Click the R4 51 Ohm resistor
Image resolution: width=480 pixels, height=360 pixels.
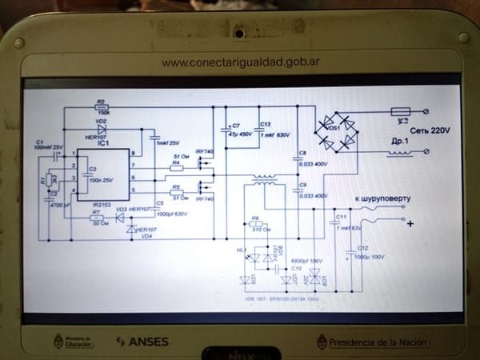point(177,168)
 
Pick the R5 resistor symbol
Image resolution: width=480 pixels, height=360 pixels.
point(177,192)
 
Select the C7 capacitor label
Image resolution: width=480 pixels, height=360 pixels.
point(234,126)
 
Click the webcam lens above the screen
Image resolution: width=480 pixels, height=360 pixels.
point(238,34)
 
